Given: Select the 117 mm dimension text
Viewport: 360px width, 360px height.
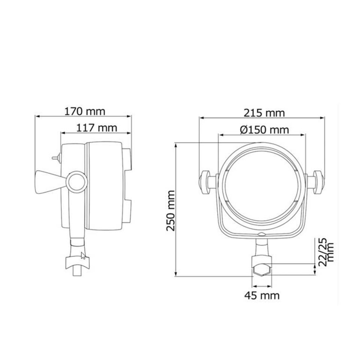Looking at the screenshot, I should point(97,127).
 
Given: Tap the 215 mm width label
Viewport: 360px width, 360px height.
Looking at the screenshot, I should point(264,113).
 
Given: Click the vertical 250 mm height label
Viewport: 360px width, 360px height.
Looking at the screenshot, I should point(171,211).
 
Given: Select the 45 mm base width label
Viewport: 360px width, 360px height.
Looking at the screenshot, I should point(262,295).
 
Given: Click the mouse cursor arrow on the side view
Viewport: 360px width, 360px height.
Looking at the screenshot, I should point(83,256).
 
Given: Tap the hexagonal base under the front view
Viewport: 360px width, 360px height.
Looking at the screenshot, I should point(262,269).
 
